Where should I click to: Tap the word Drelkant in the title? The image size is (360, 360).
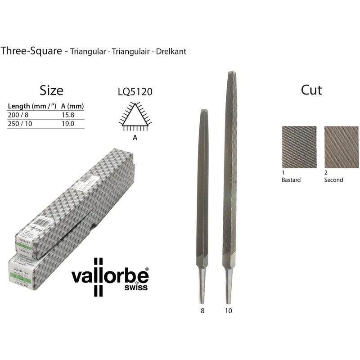coord(171,51)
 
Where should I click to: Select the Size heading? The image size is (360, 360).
coord(51,90)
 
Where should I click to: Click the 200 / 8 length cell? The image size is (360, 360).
coord(18,115)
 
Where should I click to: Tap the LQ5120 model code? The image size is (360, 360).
coord(135,92)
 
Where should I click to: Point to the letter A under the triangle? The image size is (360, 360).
coord(135,138)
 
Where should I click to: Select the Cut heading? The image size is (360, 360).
coord(311,90)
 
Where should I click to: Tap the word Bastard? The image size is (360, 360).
coord(291,180)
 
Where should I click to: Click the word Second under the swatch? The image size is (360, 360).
coord(333,180)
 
